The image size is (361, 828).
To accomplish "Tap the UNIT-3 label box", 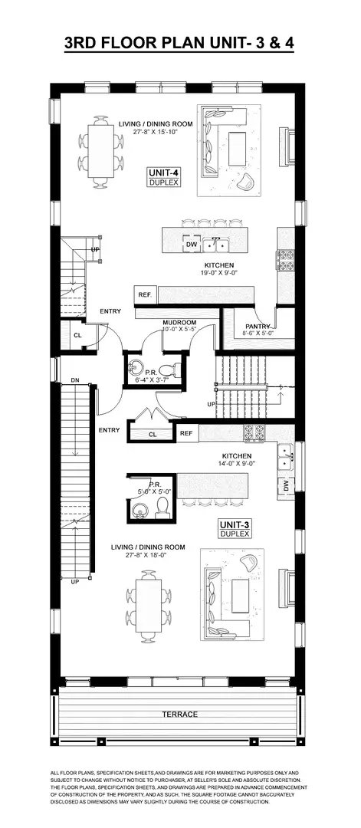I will point(235,528).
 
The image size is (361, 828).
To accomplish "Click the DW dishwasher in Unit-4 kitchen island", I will point(192,245).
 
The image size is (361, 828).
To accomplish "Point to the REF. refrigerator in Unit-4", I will point(144,294).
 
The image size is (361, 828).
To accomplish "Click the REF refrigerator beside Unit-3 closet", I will point(186,433).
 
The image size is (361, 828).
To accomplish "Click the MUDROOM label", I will point(180,323).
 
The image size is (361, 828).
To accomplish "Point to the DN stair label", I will point(74,380).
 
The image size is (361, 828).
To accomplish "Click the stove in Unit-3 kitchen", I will point(254,434).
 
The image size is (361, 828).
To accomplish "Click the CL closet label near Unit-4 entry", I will point(78,335).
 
